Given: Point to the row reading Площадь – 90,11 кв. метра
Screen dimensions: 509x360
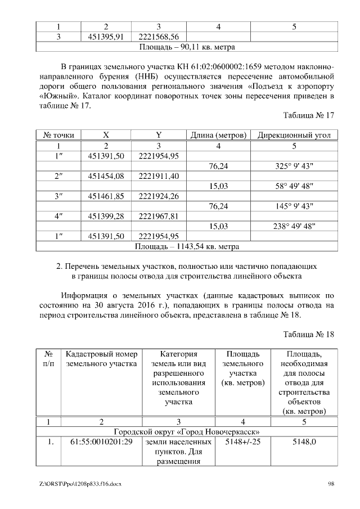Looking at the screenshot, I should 186,47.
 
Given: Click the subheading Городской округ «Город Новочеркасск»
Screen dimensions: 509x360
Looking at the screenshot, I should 186,431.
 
